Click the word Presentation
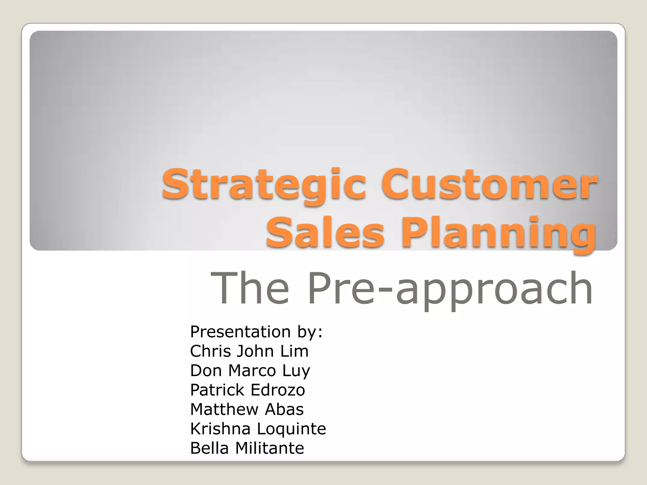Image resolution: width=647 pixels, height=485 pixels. pos(240,332)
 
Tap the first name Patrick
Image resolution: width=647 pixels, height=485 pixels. pos(217,390)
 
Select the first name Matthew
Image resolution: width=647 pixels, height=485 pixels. pos(224,410)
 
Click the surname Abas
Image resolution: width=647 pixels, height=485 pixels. pos(284,410)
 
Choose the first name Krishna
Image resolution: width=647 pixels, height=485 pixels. pos(220,429)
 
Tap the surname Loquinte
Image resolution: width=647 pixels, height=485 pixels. pos(291,429)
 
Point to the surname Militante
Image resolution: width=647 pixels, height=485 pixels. pos(269,448)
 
